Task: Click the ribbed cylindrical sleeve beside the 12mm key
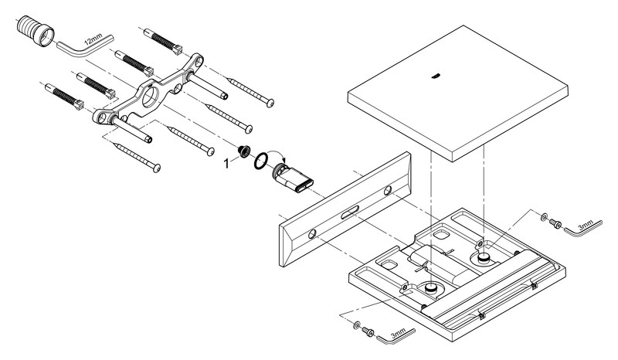33,33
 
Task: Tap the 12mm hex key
86,46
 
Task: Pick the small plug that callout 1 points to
243,152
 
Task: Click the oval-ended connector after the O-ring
294,177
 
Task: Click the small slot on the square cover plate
436,76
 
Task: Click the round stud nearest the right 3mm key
484,257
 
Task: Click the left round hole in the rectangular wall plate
312,233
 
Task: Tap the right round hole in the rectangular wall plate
386,190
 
